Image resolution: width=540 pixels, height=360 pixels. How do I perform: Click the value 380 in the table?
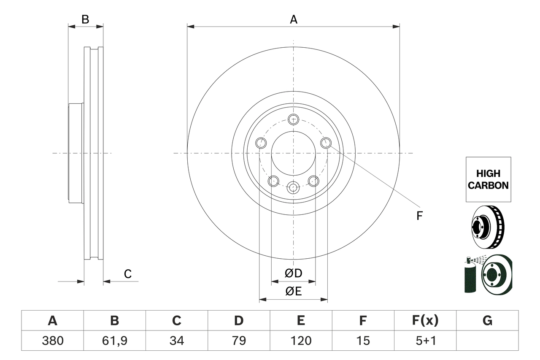click(52, 341)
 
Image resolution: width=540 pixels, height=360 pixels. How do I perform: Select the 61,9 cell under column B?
click(114, 341)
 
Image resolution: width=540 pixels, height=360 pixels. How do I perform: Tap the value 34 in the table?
click(176, 341)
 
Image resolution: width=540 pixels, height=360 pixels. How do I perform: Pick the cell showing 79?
click(239, 341)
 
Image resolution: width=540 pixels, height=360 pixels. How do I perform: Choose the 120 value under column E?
click(301, 341)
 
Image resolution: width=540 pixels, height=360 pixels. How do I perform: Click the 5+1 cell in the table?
click(425, 341)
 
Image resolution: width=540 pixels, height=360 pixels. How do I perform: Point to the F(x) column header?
click(425, 321)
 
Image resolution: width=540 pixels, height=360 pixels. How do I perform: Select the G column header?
click(487, 321)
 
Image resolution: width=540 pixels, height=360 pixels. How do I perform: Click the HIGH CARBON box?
click(488, 179)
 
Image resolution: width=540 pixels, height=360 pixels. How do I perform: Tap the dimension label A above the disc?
click(293, 19)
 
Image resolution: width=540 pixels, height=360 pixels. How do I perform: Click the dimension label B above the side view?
click(85, 19)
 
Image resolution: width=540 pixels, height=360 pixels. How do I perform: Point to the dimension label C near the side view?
click(127, 274)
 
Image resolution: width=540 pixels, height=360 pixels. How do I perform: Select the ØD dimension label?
click(293, 273)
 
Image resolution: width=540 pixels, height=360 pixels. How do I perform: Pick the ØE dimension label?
click(293, 291)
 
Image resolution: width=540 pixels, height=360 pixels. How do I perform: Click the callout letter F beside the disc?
click(419, 216)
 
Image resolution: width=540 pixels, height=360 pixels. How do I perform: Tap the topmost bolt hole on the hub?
click(293, 119)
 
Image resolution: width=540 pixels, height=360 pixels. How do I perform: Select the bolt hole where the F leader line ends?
click(325, 143)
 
